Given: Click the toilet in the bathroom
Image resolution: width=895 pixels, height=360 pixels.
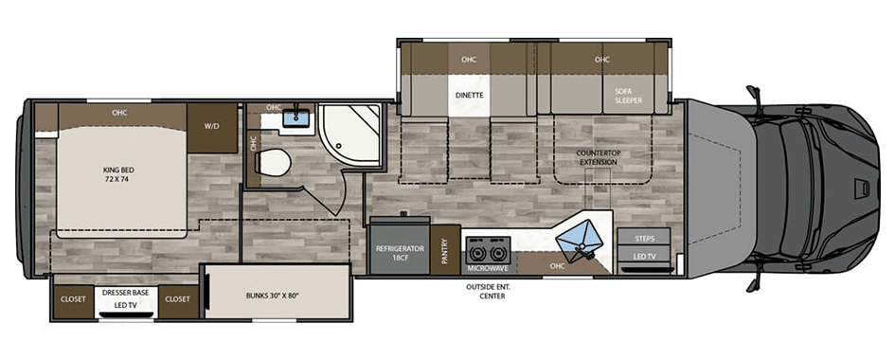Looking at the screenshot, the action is [273, 162].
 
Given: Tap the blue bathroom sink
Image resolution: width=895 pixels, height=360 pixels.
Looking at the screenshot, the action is [296, 118].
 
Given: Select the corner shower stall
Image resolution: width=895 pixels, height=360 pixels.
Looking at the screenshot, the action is [349, 133].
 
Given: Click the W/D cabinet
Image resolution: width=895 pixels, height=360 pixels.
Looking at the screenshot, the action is [212, 128].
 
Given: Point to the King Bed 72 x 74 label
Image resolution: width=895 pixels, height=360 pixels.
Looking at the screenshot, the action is [118, 174].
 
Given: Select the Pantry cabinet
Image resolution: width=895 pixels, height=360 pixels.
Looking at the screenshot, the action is [445, 249].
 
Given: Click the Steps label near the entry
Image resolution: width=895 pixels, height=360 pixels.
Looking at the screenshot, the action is [644, 239].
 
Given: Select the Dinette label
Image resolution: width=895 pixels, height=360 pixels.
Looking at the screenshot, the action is [469, 96].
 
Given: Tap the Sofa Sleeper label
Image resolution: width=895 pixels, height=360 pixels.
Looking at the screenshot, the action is [629, 96].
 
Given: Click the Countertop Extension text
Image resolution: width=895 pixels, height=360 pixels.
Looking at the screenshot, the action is [597, 157].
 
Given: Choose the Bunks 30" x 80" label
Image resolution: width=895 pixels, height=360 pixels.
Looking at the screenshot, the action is [272, 296].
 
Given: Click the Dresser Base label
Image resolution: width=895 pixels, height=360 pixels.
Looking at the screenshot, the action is [126, 293].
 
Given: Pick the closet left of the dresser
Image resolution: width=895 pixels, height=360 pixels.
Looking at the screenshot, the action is [73, 298].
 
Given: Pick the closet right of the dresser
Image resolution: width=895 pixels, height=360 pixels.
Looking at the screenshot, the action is [178, 298].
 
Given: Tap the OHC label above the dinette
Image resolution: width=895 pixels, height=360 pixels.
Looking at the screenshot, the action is [469, 60].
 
